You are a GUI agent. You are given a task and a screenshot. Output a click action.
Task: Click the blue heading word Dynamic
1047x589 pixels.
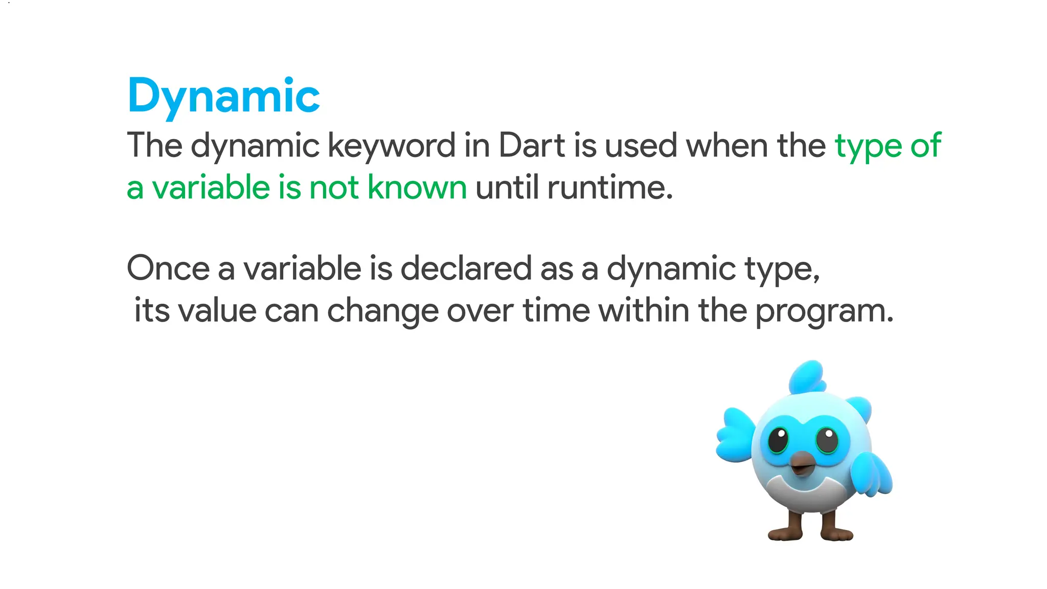tap(223, 96)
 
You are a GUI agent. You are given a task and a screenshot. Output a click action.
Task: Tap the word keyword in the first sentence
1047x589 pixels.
tap(391, 146)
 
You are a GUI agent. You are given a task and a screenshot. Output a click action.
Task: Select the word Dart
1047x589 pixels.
tap(532, 145)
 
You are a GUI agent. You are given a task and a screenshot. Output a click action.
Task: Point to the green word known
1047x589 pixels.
tap(417, 187)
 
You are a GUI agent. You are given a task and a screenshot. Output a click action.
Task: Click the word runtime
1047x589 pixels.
tap(609, 188)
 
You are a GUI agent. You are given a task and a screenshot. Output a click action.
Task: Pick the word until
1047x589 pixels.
tap(507, 187)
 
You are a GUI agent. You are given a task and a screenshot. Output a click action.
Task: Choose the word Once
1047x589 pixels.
tap(168, 268)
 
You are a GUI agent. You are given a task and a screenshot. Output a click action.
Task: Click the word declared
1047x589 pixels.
tap(466, 268)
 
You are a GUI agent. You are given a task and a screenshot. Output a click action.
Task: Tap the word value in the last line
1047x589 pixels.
tap(217, 310)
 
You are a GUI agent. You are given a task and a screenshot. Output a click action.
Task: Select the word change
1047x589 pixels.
tap(382, 311)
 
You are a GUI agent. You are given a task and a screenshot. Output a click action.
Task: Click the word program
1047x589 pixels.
tap(824, 311)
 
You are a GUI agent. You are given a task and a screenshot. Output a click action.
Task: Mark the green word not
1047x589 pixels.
tap(334, 187)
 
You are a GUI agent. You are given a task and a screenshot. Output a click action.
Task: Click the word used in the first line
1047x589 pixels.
tap(641, 145)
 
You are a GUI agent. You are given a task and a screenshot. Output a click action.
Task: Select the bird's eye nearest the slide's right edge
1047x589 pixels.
tap(826, 440)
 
